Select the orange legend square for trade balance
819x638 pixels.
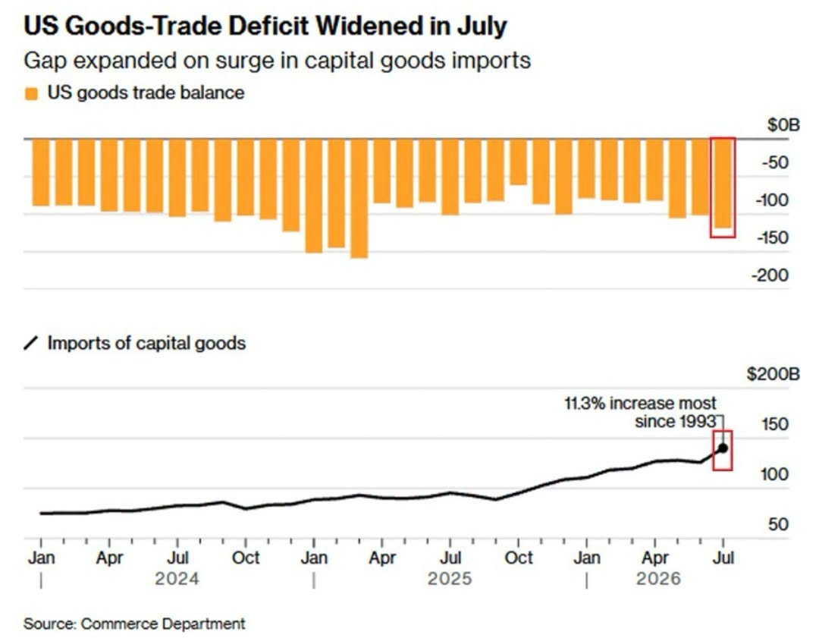pos(31,93)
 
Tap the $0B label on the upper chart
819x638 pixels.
pos(783,125)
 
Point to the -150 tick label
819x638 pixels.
pos(773,237)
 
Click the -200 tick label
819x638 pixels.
pos(770,275)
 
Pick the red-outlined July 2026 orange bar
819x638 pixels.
pos(723,184)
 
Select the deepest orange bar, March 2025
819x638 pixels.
pos(359,199)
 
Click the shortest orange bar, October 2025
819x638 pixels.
pos(519,162)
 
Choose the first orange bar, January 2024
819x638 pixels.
pos(41,172)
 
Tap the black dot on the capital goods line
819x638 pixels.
pos(723,448)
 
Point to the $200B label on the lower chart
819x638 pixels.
pos(773,374)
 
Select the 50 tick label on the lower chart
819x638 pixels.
pos(778,524)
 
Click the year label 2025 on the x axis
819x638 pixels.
pos(450,578)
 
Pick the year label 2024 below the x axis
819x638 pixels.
pos(177,578)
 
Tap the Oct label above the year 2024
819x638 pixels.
pos(246,558)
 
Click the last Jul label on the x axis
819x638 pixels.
pos(723,558)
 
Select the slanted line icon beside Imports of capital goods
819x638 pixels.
pos(31,344)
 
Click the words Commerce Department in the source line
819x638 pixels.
pos(163,624)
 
